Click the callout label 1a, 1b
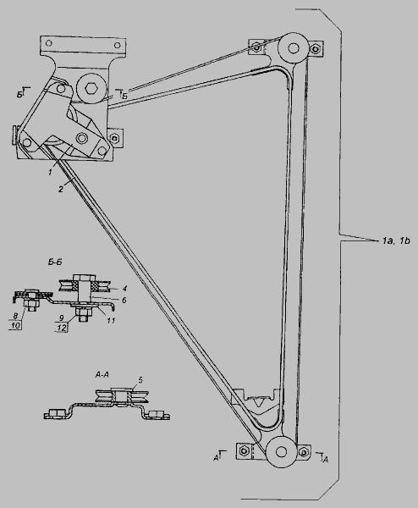click(x=396, y=240)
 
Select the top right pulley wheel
click(x=294, y=48)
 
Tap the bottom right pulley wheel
click(x=281, y=451)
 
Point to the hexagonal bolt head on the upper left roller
click(x=90, y=87)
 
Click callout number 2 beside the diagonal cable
click(x=61, y=189)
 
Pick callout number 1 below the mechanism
click(x=50, y=172)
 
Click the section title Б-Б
click(x=54, y=262)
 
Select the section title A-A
click(x=102, y=374)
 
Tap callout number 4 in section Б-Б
click(x=124, y=289)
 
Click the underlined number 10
click(x=16, y=325)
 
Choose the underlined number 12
click(x=62, y=328)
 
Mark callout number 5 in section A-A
click(x=140, y=379)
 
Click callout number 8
click(x=15, y=316)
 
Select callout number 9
click(x=61, y=319)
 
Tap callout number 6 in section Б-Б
click(x=124, y=300)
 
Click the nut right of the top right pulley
click(x=316, y=49)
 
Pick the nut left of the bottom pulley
click(x=244, y=450)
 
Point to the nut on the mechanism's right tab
click(x=114, y=139)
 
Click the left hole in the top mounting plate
click(x=49, y=43)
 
